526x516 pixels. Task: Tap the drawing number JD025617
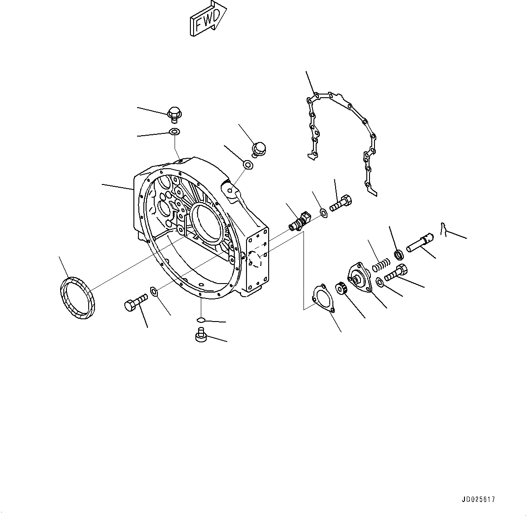pyautogui.click(x=479, y=500)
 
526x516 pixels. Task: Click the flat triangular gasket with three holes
pyautogui.click(x=322, y=298)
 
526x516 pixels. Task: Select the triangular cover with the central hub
pyautogui.click(x=359, y=278)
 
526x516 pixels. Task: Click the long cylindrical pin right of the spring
pyautogui.click(x=420, y=242)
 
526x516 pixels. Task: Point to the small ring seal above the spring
pyautogui.click(x=400, y=255)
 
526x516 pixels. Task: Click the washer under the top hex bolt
pyautogui.click(x=174, y=132)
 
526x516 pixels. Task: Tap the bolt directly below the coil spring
pyautogui.click(x=396, y=273)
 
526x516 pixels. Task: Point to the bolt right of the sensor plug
pyautogui.click(x=341, y=203)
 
